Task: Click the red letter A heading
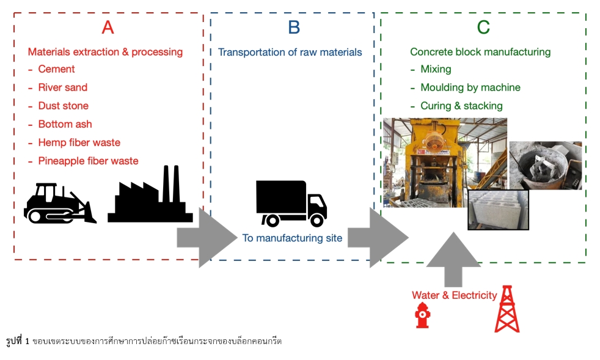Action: pyautogui.click(x=108, y=28)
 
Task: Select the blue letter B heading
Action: pyautogui.click(x=294, y=28)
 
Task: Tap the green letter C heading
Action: pyautogui.click(x=483, y=28)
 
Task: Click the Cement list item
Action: pyautogui.click(x=56, y=69)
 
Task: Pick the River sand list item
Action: pyautogui.click(x=62, y=87)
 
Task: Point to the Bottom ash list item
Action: pyautogui.click(x=65, y=124)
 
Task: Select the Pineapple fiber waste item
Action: pyautogui.click(x=88, y=161)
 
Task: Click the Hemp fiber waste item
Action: pyautogui.click(x=79, y=142)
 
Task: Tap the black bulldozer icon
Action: pyautogui.click(x=59, y=203)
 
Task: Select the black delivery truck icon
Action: pyautogui.click(x=291, y=204)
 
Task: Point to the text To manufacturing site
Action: pyautogui.click(x=292, y=238)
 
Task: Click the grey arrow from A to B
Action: pyautogui.click(x=207, y=237)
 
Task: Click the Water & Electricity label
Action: pyautogui.click(x=454, y=295)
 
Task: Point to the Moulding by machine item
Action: pyautogui.click(x=470, y=87)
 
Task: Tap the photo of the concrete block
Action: pyautogui.click(x=498, y=210)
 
